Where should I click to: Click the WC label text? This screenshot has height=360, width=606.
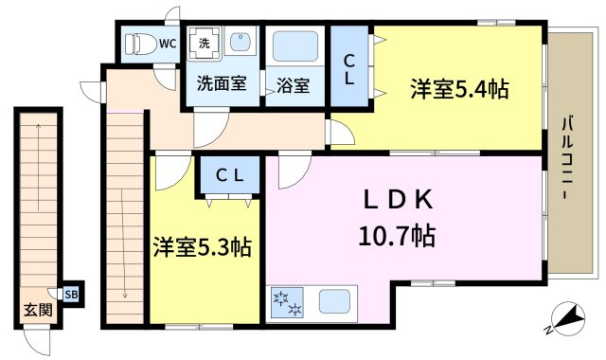(168, 43)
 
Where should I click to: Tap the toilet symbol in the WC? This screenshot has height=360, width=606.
(138, 44)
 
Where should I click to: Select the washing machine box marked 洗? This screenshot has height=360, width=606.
(205, 44)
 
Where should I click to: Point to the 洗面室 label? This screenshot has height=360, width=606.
(222, 83)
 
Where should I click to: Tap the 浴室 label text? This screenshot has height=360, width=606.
(294, 84)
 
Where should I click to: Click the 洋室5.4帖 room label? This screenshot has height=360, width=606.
(459, 90)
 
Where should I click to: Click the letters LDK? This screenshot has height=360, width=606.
(399, 200)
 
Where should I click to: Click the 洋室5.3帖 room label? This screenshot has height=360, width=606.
(203, 248)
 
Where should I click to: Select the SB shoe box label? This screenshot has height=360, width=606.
(72, 294)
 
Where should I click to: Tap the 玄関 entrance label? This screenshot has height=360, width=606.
(38, 310)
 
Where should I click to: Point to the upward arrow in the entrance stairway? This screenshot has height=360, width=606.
(39, 189)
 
